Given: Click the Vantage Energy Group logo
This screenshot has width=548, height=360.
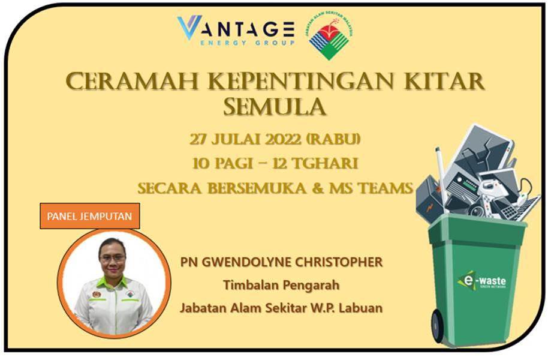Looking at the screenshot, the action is (236, 31).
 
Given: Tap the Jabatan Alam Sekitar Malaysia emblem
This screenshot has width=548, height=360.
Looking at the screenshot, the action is (330, 37).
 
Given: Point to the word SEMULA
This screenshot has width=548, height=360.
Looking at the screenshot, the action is (275, 106).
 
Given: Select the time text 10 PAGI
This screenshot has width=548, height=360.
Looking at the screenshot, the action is (222, 163).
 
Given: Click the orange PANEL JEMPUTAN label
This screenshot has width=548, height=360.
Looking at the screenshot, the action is (90, 216).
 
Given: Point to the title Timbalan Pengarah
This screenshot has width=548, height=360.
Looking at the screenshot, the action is (281, 285).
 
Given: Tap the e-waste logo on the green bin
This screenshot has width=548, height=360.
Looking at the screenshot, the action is (481, 280).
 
